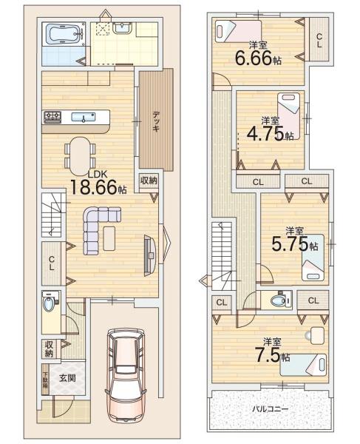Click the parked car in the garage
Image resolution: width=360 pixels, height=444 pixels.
pos(128,376)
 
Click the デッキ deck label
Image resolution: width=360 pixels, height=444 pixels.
pos(157,121)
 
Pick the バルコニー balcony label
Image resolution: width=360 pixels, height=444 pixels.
pos(271,408)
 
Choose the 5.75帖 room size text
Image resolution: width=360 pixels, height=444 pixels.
pos(295,243)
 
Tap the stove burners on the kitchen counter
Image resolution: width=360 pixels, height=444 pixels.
pos(53,116)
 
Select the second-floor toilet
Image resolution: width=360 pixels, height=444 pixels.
pos(279,302)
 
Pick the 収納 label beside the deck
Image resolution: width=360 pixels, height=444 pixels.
pos(148,181)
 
